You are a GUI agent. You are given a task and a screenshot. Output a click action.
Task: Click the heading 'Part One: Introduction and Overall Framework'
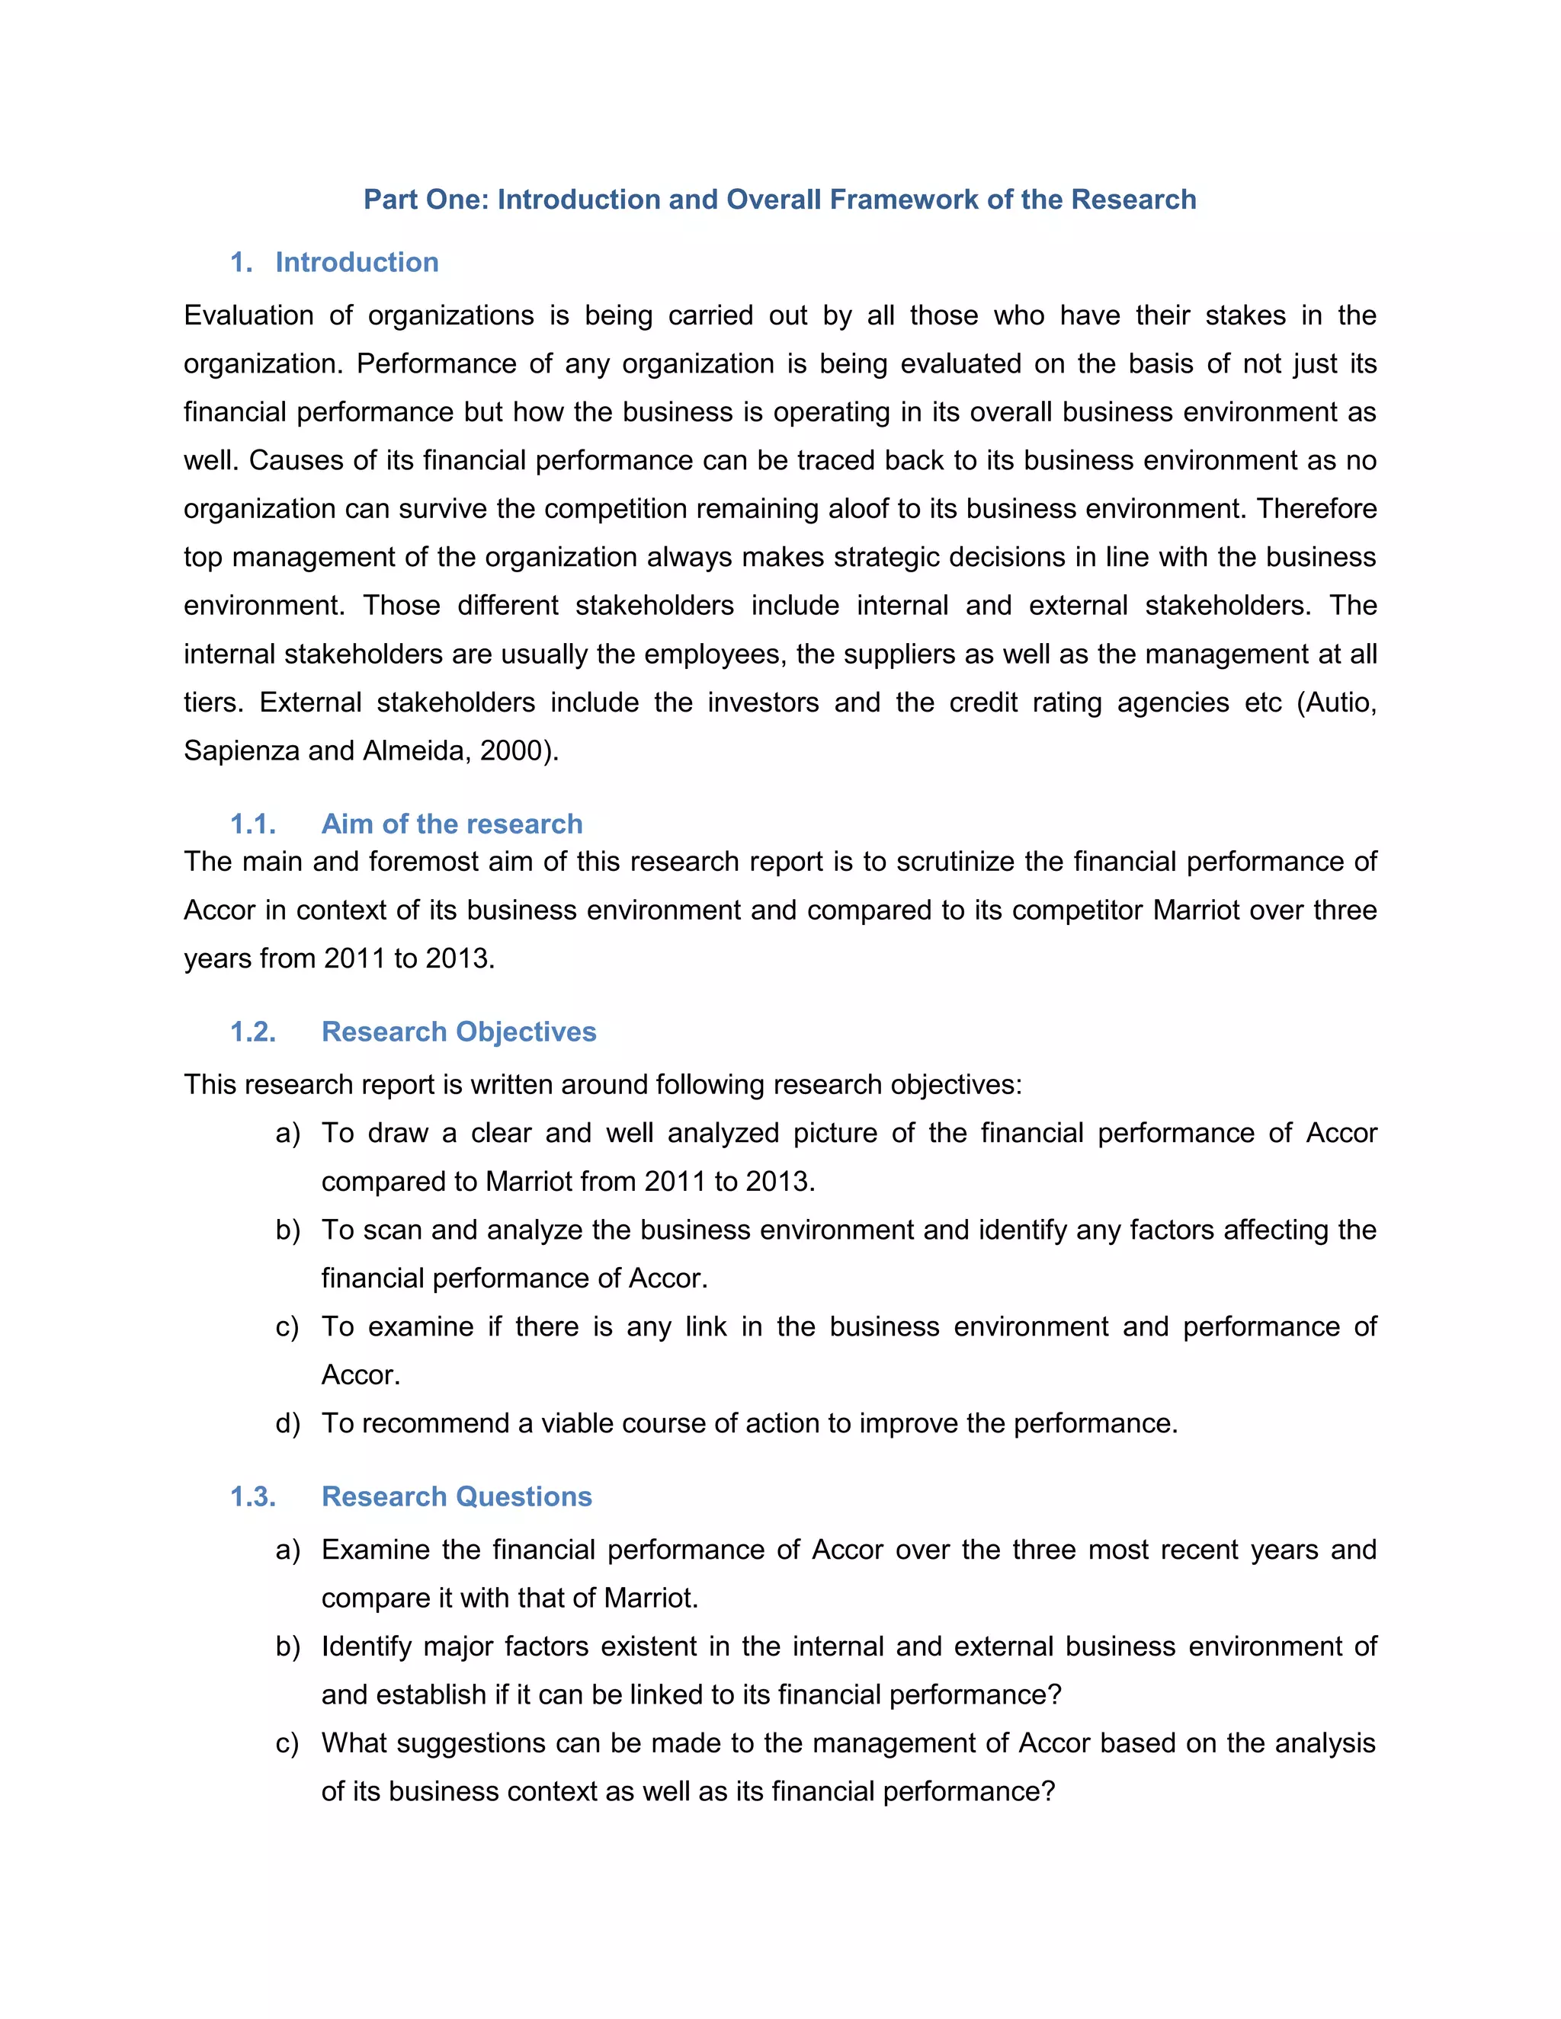pyautogui.click(x=779, y=200)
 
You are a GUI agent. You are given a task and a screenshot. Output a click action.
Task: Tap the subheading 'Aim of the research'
pyautogui.click(x=451, y=824)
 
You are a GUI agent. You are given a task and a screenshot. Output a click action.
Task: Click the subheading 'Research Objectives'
pyautogui.click(x=459, y=1032)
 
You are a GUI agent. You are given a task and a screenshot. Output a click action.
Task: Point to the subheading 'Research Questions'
pyautogui.click(x=456, y=1496)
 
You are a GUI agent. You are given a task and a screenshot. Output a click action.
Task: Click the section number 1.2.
pyautogui.click(x=253, y=1032)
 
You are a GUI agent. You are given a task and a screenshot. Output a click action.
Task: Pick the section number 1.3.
pyautogui.click(x=253, y=1496)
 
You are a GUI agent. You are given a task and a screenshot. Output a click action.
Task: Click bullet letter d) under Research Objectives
pyautogui.click(x=287, y=1424)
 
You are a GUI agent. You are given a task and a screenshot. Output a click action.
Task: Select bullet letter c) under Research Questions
pyautogui.click(x=287, y=1743)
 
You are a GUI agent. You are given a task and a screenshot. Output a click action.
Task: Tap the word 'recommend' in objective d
pyautogui.click(x=434, y=1424)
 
